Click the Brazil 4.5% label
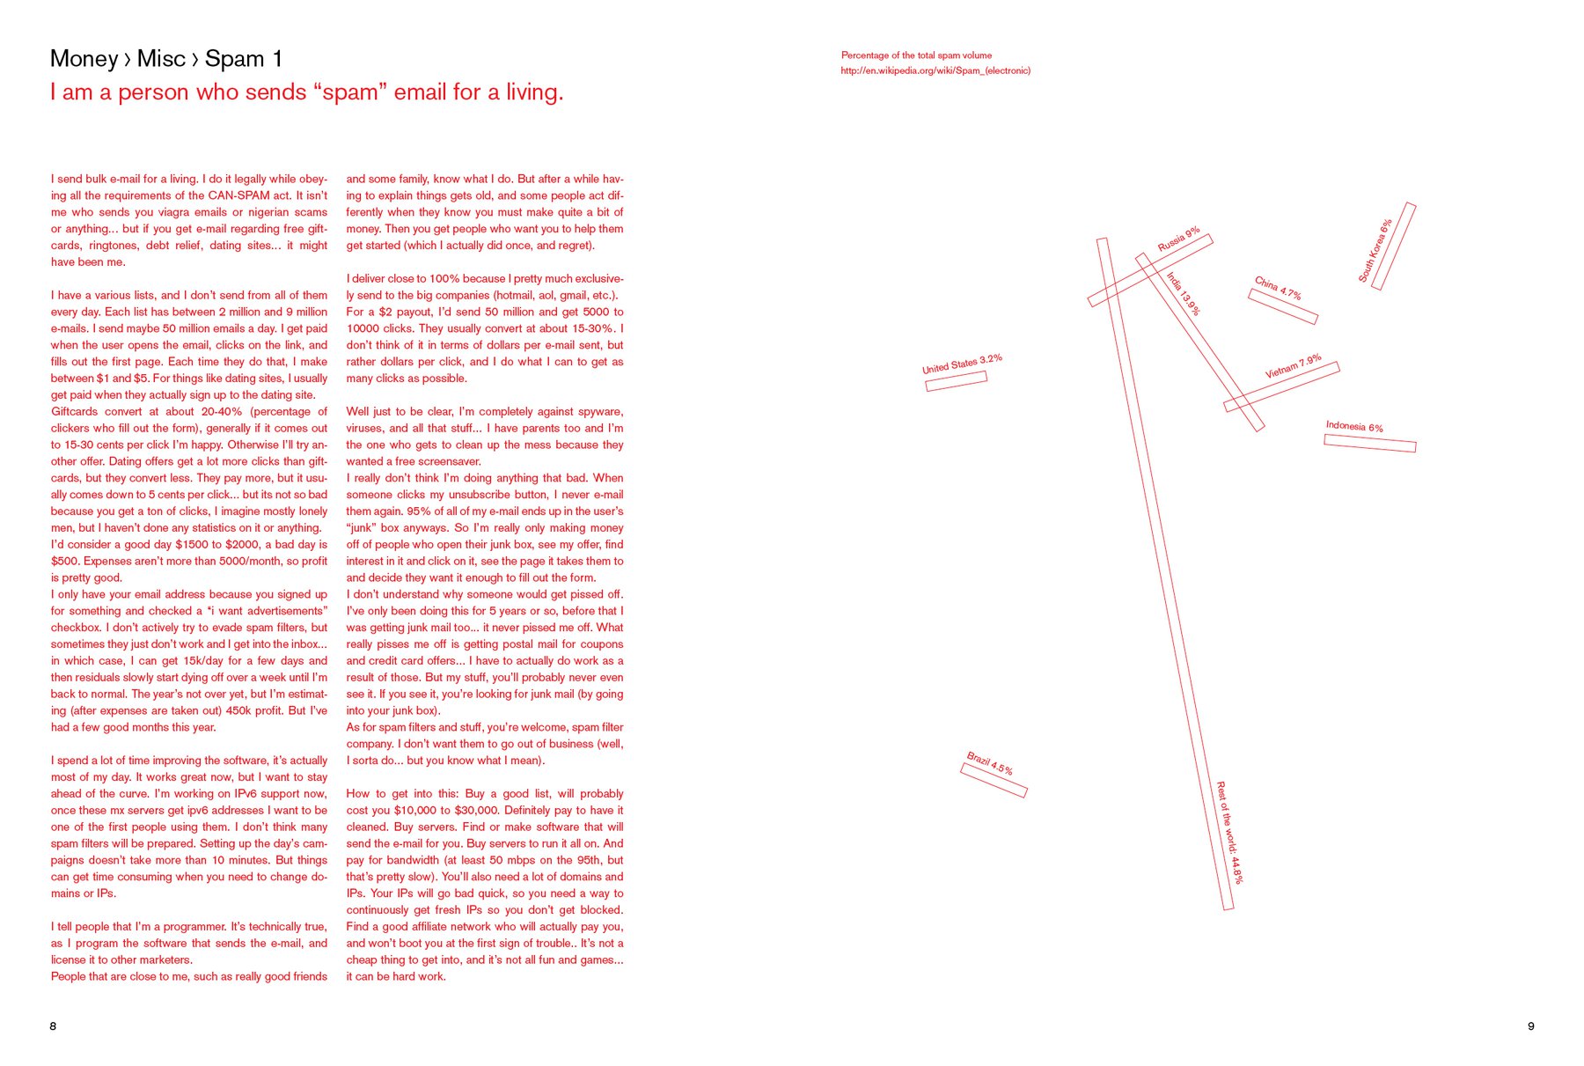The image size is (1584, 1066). point(989,763)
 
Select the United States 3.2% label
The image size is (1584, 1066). point(962,364)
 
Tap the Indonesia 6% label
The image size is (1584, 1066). point(1354,426)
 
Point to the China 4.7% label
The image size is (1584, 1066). point(1278,288)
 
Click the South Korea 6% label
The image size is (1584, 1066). point(1375,251)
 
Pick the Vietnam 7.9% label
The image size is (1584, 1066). point(1294,366)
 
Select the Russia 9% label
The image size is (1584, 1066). point(1179,239)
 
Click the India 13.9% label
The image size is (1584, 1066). point(1184,293)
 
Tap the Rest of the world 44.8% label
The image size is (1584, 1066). point(1229,832)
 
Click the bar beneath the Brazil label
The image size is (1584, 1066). point(994,781)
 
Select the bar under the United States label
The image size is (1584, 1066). point(956,381)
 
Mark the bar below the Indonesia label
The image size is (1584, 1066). point(1369,444)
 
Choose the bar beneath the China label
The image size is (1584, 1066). point(1282,306)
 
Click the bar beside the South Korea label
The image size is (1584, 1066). point(1394,246)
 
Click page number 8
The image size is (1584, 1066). point(53,1026)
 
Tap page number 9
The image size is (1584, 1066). point(1531,1026)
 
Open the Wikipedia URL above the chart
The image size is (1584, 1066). point(935,70)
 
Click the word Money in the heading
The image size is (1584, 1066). point(84,59)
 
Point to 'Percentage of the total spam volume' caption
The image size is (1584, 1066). point(916,55)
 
